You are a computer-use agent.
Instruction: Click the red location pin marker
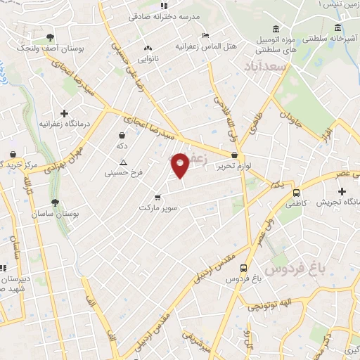click(x=180, y=165)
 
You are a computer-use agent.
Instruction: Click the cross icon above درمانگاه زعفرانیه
click(x=64, y=112)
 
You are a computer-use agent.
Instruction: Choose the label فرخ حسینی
click(x=123, y=172)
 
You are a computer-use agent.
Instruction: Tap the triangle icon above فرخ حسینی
click(x=124, y=162)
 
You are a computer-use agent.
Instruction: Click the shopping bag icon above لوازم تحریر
click(x=235, y=156)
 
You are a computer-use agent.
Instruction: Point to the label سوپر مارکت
click(x=157, y=208)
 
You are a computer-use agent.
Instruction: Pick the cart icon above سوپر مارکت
click(x=157, y=197)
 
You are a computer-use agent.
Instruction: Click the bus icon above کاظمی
click(x=295, y=192)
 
